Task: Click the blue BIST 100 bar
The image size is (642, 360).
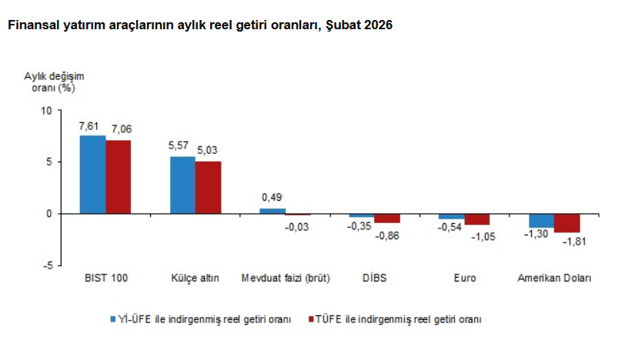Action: (x=93, y=175)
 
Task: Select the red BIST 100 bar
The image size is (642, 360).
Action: (x=119, y=177)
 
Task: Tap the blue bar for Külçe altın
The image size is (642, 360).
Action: (x=182, y=185)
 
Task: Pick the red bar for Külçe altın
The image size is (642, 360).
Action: (x=208, y=187)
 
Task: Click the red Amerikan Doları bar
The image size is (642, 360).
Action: (x=567, y=223)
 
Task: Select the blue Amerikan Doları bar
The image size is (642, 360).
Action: (x=541, y=221)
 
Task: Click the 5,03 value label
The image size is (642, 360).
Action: (x=208, y=151)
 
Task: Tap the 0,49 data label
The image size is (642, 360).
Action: (x=272, y=198)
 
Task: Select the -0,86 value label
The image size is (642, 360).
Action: (x=387, y=234)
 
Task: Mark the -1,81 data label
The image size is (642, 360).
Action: (x=567, y=242)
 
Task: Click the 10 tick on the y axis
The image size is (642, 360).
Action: (x=45, y=111)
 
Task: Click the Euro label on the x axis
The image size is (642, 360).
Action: (x=464, y=278)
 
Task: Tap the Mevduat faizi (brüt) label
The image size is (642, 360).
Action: (x=285, y=278)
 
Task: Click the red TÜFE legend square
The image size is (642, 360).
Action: (x=311, y=318)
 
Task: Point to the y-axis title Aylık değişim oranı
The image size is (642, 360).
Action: (x=53, y=82)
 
